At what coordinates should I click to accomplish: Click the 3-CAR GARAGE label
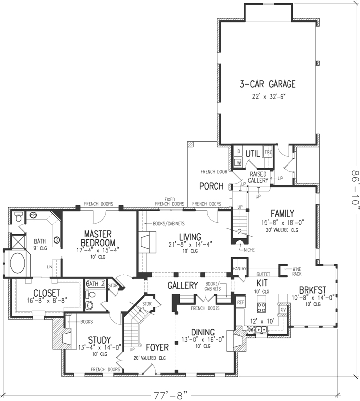point(268,84)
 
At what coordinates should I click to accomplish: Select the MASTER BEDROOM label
point(100,238)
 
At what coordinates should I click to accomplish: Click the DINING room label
point(201,332)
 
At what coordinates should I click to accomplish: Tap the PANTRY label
point(239,268)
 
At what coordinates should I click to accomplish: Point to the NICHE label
point(249,250)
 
